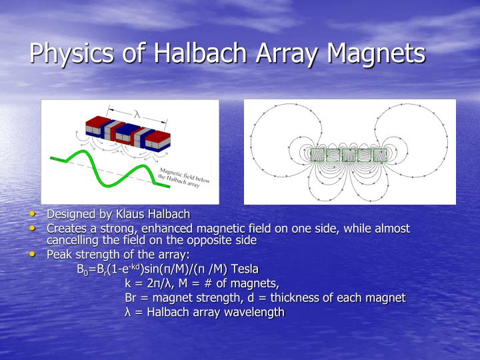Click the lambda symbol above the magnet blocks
(137, 114)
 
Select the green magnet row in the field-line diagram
(349, 155)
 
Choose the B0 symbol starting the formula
(82, 270)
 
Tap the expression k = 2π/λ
(146, 283)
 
